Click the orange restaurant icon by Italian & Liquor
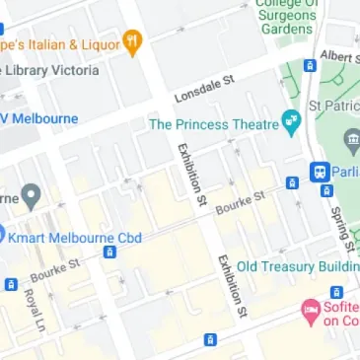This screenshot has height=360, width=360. coord(132,42)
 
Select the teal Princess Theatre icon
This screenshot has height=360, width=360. coord(290,124)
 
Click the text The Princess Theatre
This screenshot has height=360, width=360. coord(212,125)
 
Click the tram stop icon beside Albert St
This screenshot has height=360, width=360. coord(310,66)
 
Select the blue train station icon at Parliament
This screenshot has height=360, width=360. coord(321,172)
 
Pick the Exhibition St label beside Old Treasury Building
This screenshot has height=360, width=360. coord(231,286)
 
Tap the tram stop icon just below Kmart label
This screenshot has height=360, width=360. coord(109,252)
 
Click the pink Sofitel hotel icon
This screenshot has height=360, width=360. coord(311,310)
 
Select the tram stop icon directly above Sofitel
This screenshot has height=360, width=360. coord(336,292)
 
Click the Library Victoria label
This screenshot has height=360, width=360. coord(51,70)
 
